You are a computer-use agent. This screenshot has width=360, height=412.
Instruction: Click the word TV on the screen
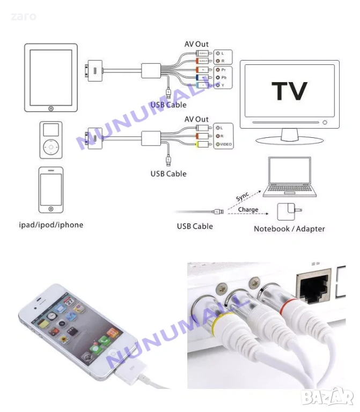[x=289, y=91]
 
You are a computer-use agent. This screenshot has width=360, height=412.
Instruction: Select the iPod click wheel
[x=50, y=145]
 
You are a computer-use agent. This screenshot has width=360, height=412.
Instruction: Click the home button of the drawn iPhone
[x=50, y=209]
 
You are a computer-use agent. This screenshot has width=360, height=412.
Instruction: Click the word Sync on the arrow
[x=243, y=196]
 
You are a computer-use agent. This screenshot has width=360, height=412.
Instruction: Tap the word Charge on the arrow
[x=248, y=210]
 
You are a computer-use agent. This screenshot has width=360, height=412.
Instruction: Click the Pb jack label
[x=222, y=78]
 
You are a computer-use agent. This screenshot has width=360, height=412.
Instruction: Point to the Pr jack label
[x=222, y=70]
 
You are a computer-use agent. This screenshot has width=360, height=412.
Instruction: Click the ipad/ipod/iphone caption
[x=51, y=225]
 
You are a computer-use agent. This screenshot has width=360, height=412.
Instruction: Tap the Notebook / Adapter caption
[x=289, y=229]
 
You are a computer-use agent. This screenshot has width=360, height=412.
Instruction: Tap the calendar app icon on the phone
[x=69, y=302]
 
